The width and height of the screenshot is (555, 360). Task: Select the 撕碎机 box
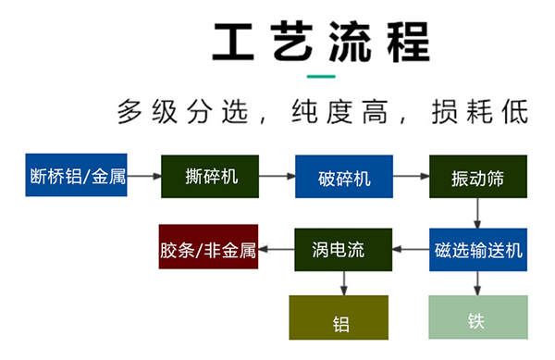pyautogui.click(x=210, y=176)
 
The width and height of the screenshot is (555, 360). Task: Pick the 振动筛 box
pyautogui.click(x=477, y=176)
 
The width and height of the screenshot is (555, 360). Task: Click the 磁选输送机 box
pyautogui.click(x=477, y=249)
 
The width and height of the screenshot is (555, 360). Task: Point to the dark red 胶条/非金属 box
pyautogui.click(x=207, y=249)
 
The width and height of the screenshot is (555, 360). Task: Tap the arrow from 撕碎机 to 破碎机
pyautogui.click(x=277, y=176)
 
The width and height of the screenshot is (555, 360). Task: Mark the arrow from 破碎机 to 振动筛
pyautogui.click(x=411, y=176)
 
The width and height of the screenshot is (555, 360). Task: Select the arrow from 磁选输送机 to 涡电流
pyautogui.click(x=411, y=249)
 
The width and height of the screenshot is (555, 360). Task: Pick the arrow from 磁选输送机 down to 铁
pyautogui.click(x=477, y=283)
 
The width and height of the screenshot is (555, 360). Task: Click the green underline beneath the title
pyautogui.click(x=321, y=76)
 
